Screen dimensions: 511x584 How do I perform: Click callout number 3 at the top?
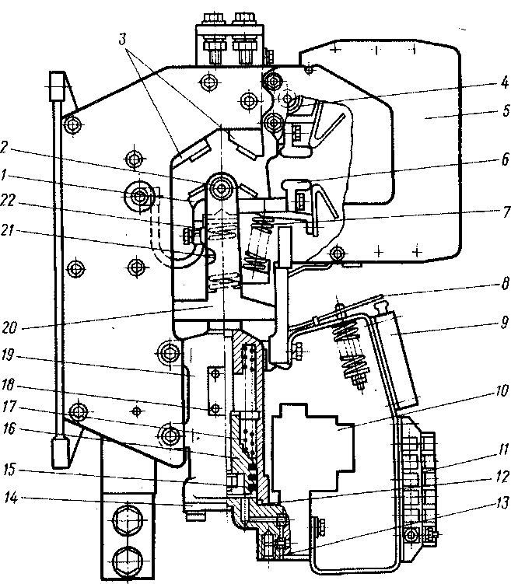pyautogui.click(x=123, y=39)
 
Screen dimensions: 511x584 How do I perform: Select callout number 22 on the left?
pyautogui.click(x=8, y=201)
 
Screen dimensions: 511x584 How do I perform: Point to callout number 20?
pyautogui.click(x=9, y=328)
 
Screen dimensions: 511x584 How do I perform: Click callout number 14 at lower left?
pyautogui.click(x=10, y=498)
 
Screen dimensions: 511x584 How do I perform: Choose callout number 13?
pyautogui.click(x=502, y=504)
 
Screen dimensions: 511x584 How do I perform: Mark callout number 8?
pyautogui.click(x=505, y=284)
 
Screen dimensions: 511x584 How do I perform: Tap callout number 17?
pyautogui.click(x=9, y=407)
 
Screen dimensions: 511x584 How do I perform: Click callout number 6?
pyautogui.click(x=505, y=159)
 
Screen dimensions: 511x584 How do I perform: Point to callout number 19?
pyautogui.click(x=8, y=355)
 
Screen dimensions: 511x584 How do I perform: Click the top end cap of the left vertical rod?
pyautogui.click(x=57, y=86)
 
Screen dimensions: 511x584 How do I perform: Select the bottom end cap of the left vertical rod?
pyautogui.click(x=60, y=453)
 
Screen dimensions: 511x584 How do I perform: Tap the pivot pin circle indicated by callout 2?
pyautogui.click(x=222, y=188)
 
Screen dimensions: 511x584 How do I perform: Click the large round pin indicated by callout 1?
pyautogui.click(x=140, y=195)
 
